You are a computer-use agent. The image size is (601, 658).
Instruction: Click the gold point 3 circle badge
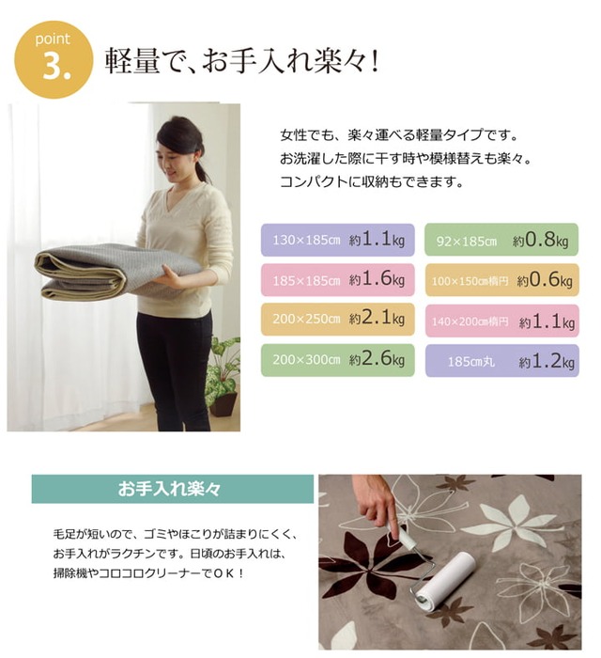54,59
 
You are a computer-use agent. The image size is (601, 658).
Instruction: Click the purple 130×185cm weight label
338,240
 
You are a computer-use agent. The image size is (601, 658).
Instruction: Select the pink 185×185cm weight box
338,279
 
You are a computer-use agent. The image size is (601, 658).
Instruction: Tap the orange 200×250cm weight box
338,320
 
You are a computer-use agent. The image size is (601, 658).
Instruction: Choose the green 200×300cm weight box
338,360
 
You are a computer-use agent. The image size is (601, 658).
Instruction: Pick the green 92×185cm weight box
501,240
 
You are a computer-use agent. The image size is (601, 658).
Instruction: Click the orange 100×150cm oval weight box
502,280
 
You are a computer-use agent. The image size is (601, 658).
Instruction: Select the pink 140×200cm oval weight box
502,321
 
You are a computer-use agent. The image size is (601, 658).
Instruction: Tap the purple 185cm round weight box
502,360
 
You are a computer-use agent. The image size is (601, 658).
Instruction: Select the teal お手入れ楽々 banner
173,489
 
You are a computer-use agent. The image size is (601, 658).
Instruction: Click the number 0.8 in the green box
540,239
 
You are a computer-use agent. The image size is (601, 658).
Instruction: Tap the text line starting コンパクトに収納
372,182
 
